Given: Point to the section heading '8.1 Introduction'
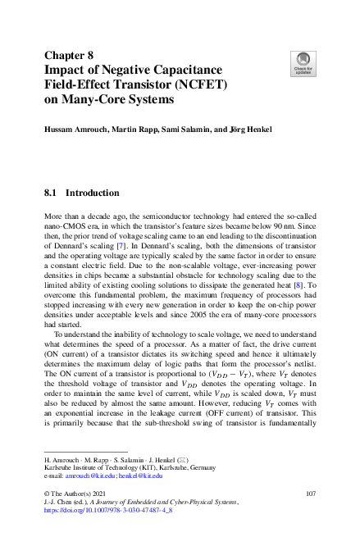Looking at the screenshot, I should coord(81,193).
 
